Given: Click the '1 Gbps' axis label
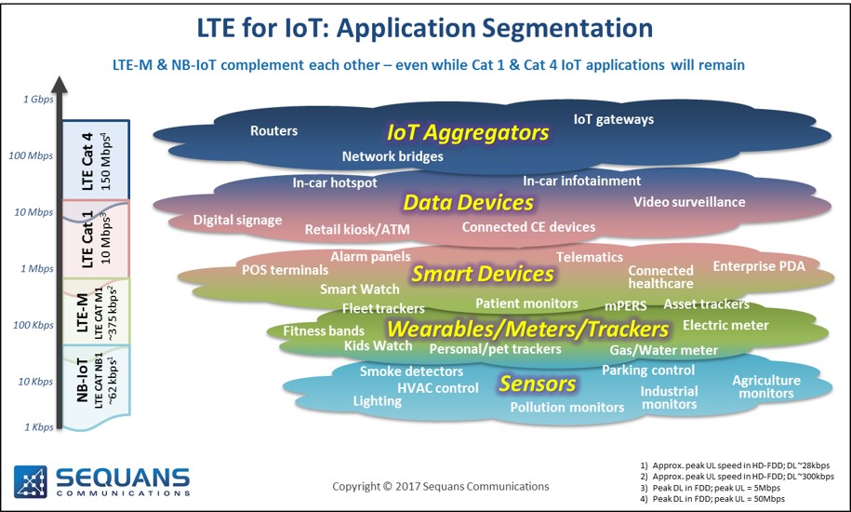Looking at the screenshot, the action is point(38,99).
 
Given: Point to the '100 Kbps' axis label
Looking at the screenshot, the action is point(33,325).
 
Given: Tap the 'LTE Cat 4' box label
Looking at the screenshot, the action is point(87,161).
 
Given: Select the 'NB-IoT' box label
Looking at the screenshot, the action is point(82,380).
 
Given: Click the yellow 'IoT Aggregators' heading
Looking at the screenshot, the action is point(468,132).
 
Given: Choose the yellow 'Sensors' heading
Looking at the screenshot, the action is point(538,384).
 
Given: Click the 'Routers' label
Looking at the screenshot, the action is point(273,131).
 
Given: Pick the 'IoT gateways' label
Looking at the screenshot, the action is point(614,119).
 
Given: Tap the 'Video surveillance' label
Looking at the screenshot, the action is point(689,202).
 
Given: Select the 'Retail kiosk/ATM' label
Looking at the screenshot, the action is point(357,230).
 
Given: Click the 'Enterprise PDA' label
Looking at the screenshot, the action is point(759,266).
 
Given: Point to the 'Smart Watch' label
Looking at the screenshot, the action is point(359,289).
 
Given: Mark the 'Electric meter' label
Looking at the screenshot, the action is point(725,325).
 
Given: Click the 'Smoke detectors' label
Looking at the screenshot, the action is point(411,371).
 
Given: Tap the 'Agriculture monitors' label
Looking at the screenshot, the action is point(766,386).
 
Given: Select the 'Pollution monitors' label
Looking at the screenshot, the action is point(567,407).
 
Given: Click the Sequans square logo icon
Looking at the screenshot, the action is point(31,481).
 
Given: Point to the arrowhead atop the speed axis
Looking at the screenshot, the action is point(60,84).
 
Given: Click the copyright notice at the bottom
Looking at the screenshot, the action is point(441,487).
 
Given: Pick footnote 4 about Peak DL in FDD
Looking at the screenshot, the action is point(712,498).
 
